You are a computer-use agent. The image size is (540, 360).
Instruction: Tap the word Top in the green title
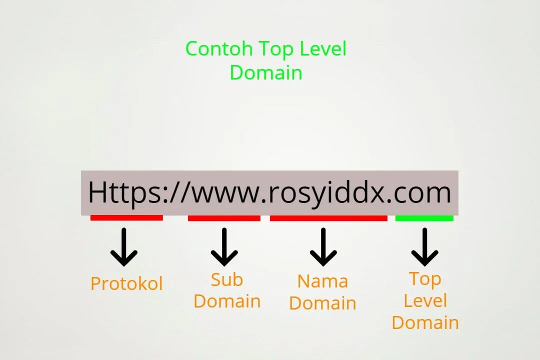pyautogui.click(x=276, y=49)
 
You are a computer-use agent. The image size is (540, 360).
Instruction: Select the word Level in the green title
pyautogui.click(x=323, y=49)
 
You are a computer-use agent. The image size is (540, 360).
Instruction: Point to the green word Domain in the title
pyautogui.click(x=266, y=72)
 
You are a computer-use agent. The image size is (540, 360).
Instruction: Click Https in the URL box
pyautogui.click(x=125, y=192)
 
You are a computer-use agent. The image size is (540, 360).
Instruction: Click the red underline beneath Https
pyautogui.click(x=126, y=218)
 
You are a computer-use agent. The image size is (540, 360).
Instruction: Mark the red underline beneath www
pyautogui.click(x=224, y=218)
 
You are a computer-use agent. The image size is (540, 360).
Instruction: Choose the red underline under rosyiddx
pyautogui.click(x=328, y=218)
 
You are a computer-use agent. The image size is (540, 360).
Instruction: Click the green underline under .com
pyautogui.click(x=424, y=218)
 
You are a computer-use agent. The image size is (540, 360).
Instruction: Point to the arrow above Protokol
pyautogui.click(x=124, y=247)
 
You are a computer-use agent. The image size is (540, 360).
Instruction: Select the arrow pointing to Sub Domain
pyautogui.click(x=224, y=247)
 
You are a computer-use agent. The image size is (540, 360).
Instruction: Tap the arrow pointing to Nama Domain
pyautogui.click(x=323, y=247)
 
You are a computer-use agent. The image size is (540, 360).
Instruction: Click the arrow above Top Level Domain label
pyautogui.click(x=424, y=247)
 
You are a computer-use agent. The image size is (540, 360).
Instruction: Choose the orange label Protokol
pyautogui.click(x=126, y=284)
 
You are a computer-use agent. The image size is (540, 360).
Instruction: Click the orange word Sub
pyautogui.click(x=227, y=280)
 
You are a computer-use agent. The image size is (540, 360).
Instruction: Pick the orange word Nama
pyautogui.click(x=322, y=281)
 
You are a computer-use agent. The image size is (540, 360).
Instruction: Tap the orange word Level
pyautogui.click(x=425, y=301)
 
